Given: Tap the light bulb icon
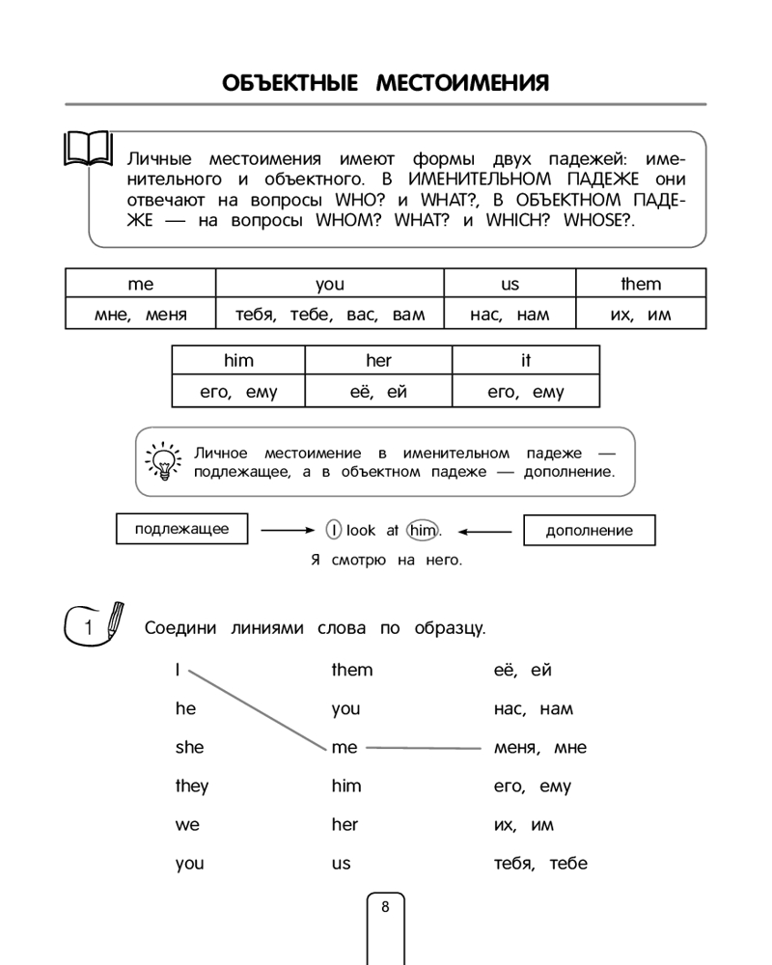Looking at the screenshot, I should pos(162,460).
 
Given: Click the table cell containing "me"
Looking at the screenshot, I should pos(141,284).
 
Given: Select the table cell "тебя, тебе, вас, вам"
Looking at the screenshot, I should pos(329,314).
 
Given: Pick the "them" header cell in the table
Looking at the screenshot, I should pos(641,284).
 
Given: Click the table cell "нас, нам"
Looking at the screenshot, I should pos(510,314).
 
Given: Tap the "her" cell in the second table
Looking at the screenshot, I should pos(378,360).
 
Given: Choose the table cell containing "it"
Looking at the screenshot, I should pos(525,360).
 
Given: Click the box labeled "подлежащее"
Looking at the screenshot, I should pos(181,529).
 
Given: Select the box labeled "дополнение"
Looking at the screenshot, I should pos(589,530).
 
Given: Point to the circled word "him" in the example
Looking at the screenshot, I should pos(423,530).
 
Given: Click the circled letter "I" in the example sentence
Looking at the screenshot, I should pos(333,530).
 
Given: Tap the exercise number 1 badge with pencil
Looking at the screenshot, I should pos(95,625).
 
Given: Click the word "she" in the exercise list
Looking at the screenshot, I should pos(189,747).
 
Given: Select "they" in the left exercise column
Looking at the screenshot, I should pos(191,786).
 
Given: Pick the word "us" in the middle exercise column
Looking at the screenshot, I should pos(341,863).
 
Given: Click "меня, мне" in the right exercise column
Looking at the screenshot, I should pos(539,747).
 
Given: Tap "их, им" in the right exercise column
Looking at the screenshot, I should pos(523,824).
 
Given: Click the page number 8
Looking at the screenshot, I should pos(385,907).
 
